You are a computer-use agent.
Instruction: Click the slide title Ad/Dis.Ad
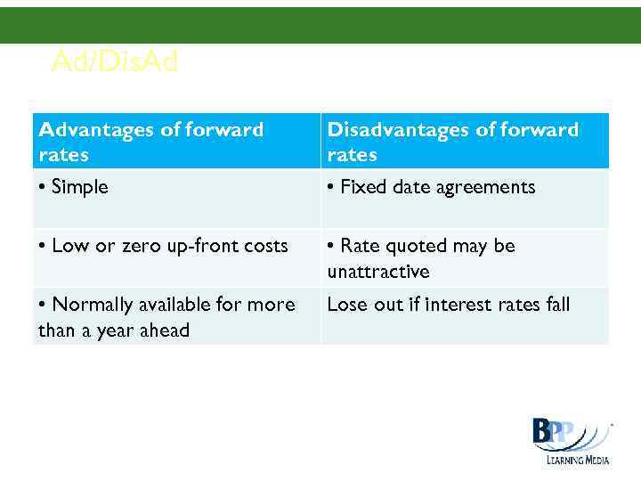click(115, 61)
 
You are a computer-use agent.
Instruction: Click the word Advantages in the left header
click(95, 130)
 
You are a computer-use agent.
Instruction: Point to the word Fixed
click(362, 187)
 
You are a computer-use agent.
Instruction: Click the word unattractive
click(378, 272)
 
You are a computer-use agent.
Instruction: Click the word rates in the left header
click(63, 155)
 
